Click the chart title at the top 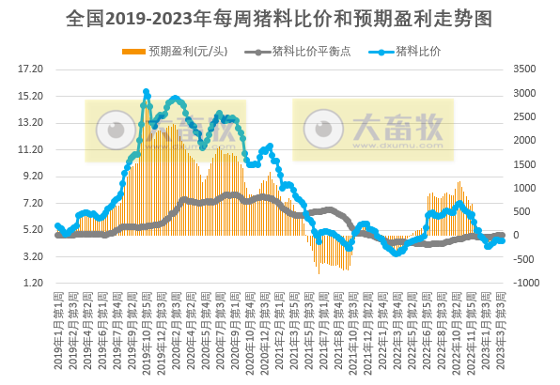coord(280,18)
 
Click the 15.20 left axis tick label coord(31,96)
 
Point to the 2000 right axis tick coord(521,140)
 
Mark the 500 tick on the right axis coord(519,212)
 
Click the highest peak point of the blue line coord(146,92)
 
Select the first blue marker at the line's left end coord(57,225)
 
